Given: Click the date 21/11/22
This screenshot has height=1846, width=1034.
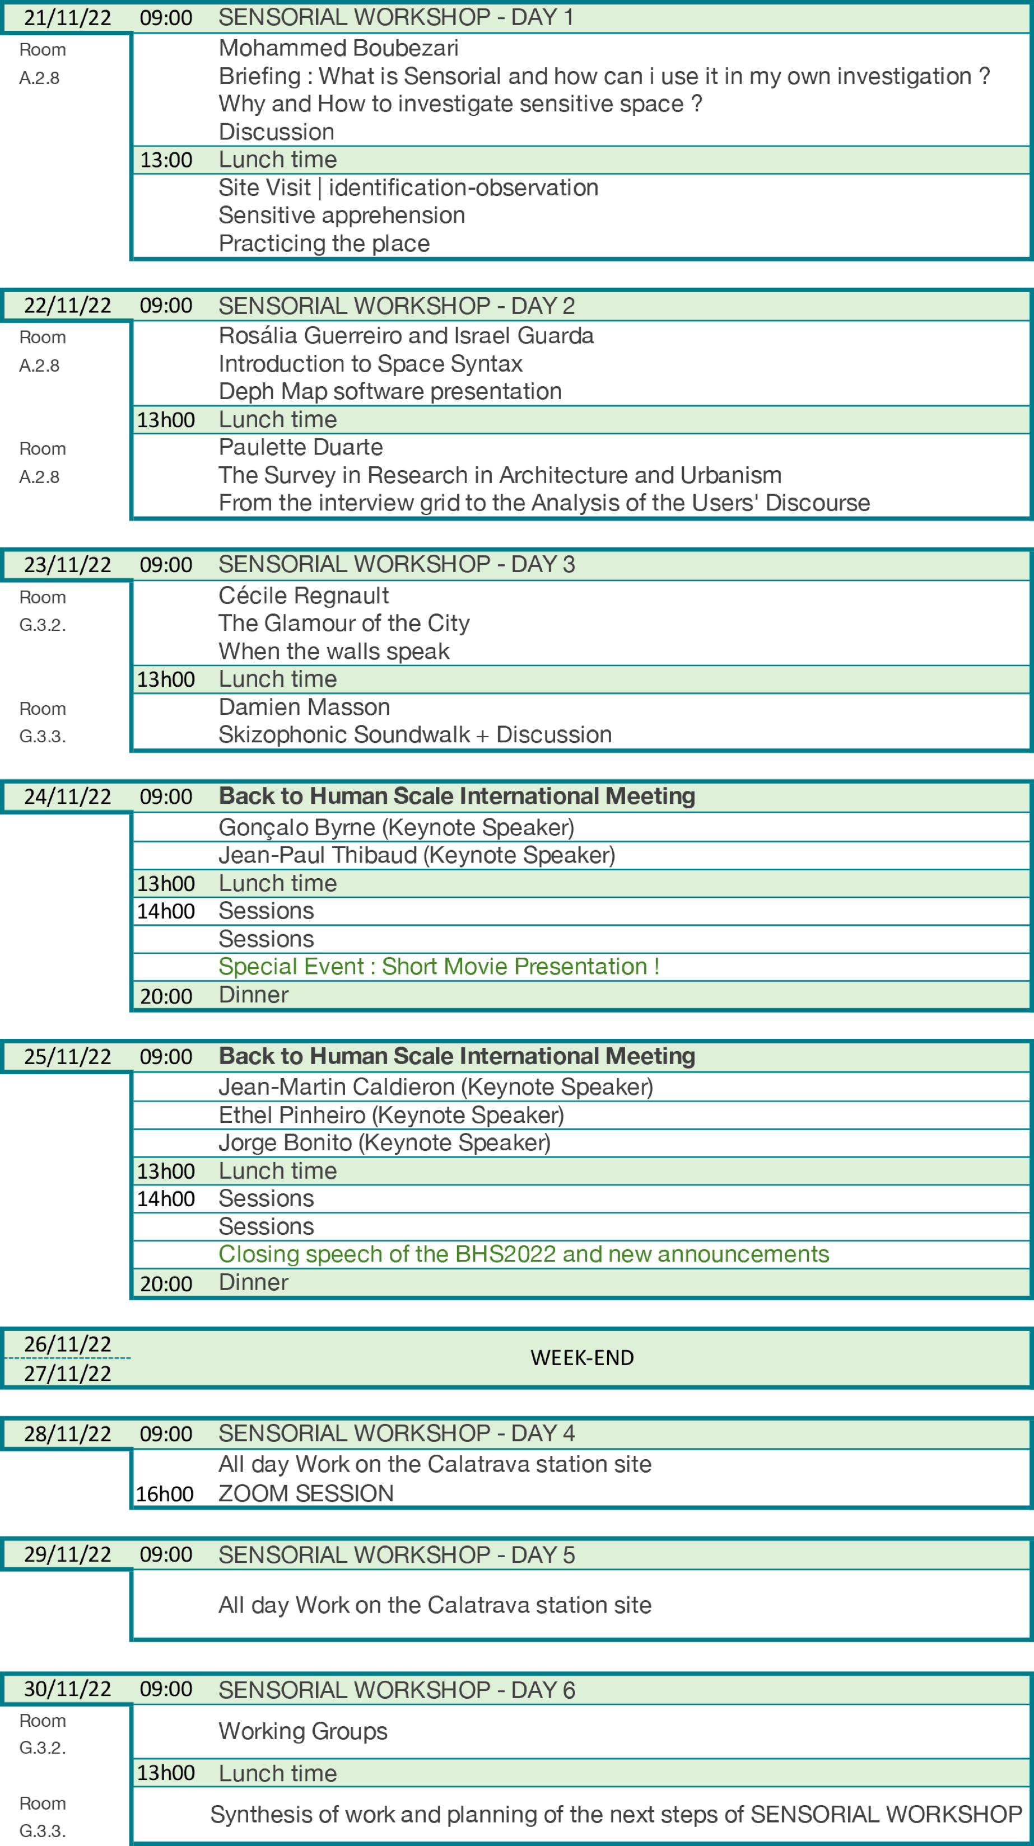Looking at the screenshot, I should [67, 18].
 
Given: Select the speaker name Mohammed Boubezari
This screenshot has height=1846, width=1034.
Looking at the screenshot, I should [338, 48].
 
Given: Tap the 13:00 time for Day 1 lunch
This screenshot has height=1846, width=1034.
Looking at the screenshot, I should [166, 160].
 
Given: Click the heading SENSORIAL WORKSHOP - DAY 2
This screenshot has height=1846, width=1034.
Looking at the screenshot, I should [397, 306].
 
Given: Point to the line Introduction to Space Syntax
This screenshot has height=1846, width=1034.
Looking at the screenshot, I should [370, 364].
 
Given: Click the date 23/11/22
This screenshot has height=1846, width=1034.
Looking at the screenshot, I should [67, 565].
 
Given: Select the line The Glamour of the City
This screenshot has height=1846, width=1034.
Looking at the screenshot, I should [344, 624].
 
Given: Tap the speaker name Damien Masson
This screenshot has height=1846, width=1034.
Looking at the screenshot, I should [304, 708].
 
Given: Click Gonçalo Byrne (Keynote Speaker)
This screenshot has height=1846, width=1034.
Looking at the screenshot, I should [397, 828].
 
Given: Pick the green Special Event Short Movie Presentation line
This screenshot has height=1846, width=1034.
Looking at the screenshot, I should [439, 967].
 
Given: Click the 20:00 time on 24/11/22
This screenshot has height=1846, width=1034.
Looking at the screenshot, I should [166, 996].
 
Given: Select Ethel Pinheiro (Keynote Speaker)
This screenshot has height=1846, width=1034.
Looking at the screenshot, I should [391, 1115].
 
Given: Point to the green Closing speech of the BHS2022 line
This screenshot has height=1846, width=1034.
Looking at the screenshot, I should [524, 1254].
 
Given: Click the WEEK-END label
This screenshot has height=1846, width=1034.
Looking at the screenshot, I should [581, 1358].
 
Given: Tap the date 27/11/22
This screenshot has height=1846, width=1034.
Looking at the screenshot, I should [67, 1374].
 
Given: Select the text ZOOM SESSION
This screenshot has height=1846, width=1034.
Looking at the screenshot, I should [306, 1493].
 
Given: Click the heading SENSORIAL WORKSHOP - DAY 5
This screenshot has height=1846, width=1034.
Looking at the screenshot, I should [397, 1555].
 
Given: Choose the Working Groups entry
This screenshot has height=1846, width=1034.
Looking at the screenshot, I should [302, 1731].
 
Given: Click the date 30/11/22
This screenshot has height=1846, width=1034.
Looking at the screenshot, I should [67, 1690].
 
